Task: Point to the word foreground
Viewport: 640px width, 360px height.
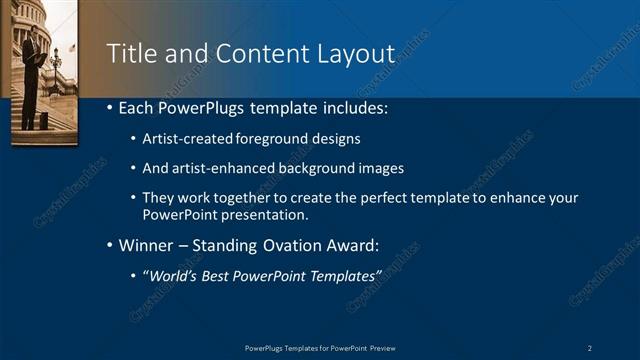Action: click(274, 138)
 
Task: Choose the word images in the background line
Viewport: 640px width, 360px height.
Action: click(381, 168)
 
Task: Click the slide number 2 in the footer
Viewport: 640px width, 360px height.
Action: click(590, 347)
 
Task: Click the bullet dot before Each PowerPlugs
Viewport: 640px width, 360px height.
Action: click(108, 108)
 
